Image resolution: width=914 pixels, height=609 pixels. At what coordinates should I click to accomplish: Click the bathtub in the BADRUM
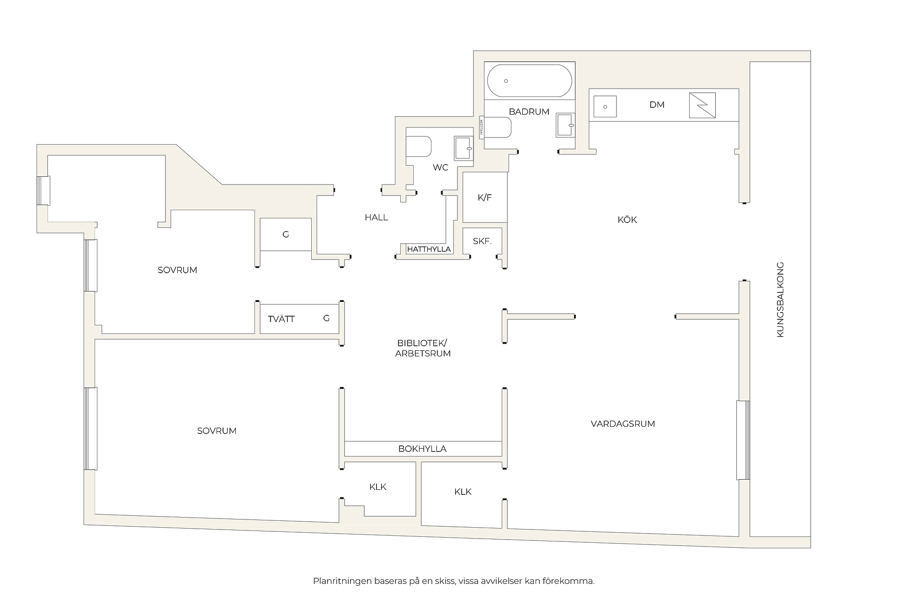[x=529, y=81]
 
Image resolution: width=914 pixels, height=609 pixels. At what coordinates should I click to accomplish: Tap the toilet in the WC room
[x=419, y=146]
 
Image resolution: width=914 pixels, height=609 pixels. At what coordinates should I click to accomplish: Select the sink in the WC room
[x=463, y=148]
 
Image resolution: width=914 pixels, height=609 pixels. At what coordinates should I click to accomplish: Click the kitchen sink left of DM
[x=605, y=106]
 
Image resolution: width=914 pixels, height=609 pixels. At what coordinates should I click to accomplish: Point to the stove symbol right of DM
[x=702, y=105]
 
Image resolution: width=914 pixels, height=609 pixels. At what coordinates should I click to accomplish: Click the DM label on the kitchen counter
[x=657, y=105]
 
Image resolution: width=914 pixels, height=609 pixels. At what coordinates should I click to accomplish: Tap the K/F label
[x=484, y=197]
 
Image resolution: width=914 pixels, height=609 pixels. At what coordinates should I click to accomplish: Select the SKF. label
[x=482, y=241]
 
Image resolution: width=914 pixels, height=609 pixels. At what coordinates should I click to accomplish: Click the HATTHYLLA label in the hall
[x=429, y=249]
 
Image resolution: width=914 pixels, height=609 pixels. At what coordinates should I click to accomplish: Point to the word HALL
[x=376, y=217]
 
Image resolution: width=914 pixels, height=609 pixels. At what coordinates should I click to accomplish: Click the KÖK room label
[x=627, y=220]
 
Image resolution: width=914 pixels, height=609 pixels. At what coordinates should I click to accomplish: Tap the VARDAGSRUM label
[x=623, y=424]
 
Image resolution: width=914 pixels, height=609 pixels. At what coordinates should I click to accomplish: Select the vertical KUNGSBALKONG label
[x=780, y=300]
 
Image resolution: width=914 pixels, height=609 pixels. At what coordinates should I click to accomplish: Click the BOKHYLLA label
[x=422, y=449]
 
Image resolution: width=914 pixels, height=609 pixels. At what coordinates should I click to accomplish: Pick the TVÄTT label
[x=281, y=319]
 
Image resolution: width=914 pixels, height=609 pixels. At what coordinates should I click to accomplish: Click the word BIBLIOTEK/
[x=422, y=343]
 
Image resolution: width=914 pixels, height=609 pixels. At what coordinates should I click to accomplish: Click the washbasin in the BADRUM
[x=565, y=125]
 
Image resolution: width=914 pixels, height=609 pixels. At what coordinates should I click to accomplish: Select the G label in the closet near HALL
[x=286, y=235]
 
